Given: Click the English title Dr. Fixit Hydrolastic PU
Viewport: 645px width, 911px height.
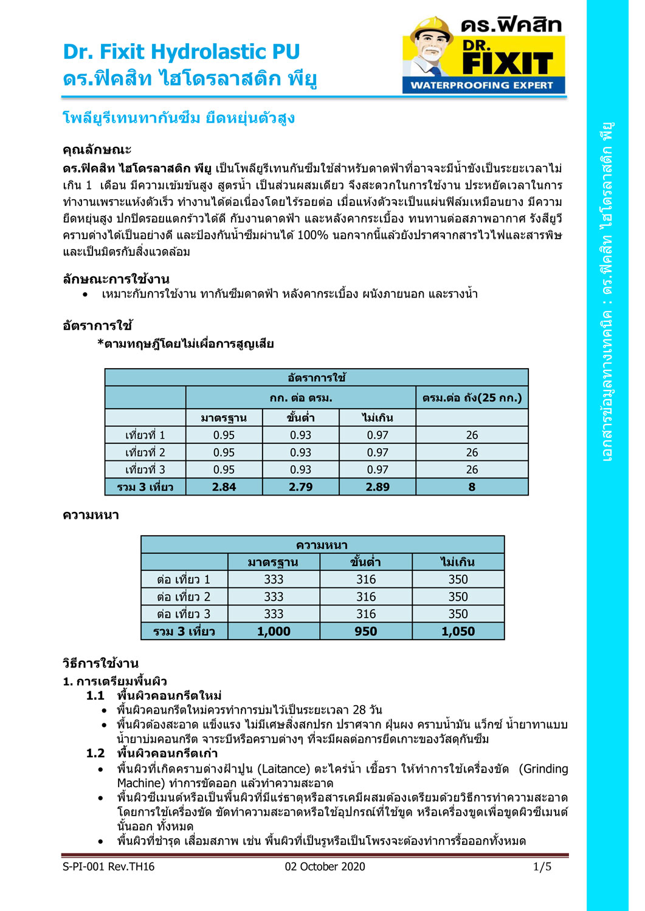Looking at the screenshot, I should tap(181, 52).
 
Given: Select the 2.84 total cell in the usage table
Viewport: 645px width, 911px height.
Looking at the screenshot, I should tap(224, 487).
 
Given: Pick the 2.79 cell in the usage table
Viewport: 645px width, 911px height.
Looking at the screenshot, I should tap(300, 487).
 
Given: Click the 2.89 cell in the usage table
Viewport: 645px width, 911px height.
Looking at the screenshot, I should tap(378, 487).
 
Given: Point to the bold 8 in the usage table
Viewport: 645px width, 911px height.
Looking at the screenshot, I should tap(472, 487).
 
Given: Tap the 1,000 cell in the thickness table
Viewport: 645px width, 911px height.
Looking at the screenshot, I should tap(274, 632).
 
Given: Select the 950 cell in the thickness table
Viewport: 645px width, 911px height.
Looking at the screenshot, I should tap(366, 632).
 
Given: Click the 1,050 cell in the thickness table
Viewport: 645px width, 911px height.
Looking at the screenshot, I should tap(458, 632).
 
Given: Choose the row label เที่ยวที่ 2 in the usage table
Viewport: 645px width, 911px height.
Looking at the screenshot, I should tap(145, 452).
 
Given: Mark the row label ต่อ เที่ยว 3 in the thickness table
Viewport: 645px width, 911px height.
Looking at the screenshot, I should tap(184, 614).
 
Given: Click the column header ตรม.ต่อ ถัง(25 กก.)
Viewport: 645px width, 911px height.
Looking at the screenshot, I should tap(472, 398).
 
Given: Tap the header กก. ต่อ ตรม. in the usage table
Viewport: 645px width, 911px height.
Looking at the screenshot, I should tap(301, 398).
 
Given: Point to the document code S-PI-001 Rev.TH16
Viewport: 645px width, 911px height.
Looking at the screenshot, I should tap(108, 867).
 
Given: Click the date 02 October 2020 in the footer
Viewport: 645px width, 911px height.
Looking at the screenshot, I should tap(325, 867).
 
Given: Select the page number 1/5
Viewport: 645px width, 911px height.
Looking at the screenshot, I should tap(542, 867).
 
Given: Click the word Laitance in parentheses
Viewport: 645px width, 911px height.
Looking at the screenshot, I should tap(285, 769).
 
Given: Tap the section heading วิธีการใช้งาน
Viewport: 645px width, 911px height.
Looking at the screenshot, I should tap(101, 663).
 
